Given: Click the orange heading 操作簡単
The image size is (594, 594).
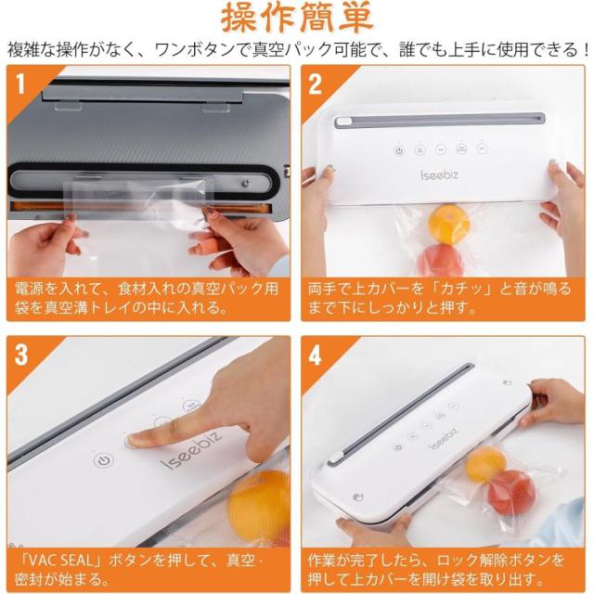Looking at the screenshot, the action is pos(297,19).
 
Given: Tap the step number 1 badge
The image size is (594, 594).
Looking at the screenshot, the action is pos(20,84).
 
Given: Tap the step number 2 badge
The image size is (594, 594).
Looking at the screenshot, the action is pos(315,84).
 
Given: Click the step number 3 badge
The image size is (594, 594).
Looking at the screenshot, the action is pos(20,355).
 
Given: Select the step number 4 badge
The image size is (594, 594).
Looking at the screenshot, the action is pos(315,355).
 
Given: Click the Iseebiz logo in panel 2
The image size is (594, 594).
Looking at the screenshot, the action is pos(439,174).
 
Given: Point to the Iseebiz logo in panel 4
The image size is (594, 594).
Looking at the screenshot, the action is pos(444,439).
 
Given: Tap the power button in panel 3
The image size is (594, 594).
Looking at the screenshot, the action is pos(103,461).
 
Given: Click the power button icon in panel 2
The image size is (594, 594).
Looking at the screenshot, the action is pos(399,150).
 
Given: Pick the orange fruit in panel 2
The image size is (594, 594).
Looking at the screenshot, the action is pos(449,225).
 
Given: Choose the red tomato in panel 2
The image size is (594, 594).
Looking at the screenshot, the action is pos(442,260).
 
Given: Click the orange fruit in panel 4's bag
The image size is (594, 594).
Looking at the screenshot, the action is pos(485,464).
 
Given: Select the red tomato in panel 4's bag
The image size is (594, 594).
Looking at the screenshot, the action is pos(511,493).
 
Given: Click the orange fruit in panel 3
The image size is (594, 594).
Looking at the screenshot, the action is pos(260,504).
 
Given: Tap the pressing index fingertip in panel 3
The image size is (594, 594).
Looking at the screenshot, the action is pos(134,440).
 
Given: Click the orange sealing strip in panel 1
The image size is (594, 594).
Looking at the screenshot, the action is pos(141,208).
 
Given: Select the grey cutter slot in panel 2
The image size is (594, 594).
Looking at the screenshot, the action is pos(440,121).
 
